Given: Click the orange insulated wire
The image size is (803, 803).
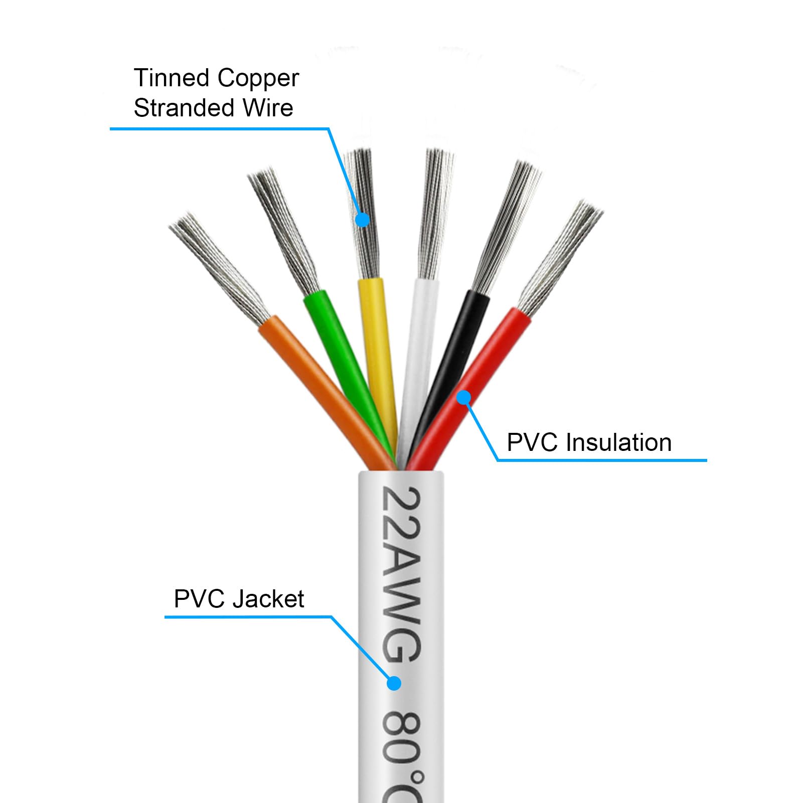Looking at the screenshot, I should click(x=321, y=381).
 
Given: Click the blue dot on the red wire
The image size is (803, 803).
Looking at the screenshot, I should click(x=464, y=398).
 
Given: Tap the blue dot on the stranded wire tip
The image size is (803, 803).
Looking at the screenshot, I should click(x=362, y=219).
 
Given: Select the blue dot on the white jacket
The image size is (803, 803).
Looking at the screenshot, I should click(x=394, y=683).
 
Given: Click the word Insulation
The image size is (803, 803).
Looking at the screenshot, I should click(x=619, y=442).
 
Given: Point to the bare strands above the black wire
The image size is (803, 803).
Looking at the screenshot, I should click(x=507, y=226).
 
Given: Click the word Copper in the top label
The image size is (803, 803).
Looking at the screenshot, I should click(x=258, y=78).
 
